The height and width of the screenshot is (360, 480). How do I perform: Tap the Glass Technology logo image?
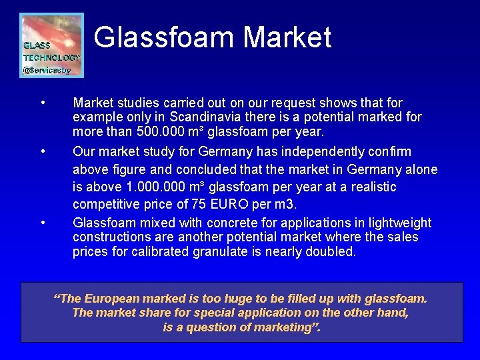(51, 45)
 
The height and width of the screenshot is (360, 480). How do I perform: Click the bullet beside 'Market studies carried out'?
(43, 103)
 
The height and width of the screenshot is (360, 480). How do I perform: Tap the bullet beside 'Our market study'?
(43, 152)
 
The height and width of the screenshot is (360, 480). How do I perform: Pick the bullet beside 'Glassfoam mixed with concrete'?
(43, 223)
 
